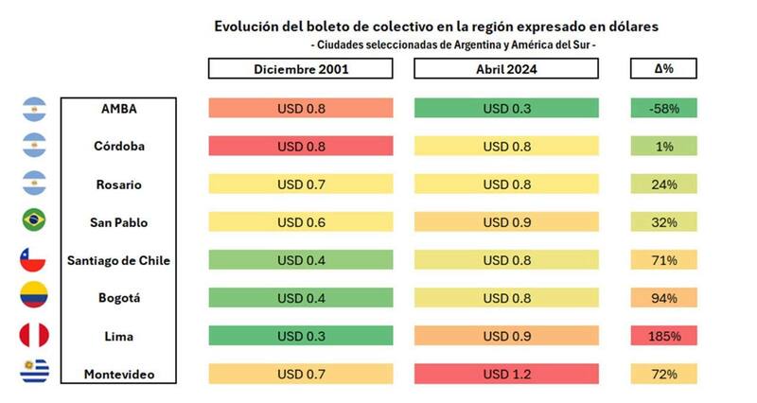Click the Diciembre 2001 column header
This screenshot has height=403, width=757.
tap(301, 69)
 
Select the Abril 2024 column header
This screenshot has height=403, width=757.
tap(506, 69)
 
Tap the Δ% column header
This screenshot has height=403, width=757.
tap(663, 69)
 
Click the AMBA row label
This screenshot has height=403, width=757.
tap(119, 108)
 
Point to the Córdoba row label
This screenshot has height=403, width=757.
tap(119, 147)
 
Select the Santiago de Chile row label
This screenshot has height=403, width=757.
tap(119, 260)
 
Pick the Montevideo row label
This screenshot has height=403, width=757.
tap(119, 375)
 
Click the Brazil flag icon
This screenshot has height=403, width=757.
tap(33, 220)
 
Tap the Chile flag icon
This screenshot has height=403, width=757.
tap(33, 259)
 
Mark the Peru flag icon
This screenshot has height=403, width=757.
tap(33, 336)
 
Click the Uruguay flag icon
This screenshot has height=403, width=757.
tap(33, 373)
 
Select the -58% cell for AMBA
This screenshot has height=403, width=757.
tap(663, 108)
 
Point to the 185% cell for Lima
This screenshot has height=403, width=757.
tap(663, 336)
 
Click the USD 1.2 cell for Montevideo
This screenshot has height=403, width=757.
tap(506, 375)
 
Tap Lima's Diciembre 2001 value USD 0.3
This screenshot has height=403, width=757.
tap(301, 336)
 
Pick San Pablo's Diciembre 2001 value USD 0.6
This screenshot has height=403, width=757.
tap(301, 222)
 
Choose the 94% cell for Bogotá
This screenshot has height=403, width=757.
tap(663, 298)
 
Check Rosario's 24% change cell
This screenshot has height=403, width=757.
tap(663, 184)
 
